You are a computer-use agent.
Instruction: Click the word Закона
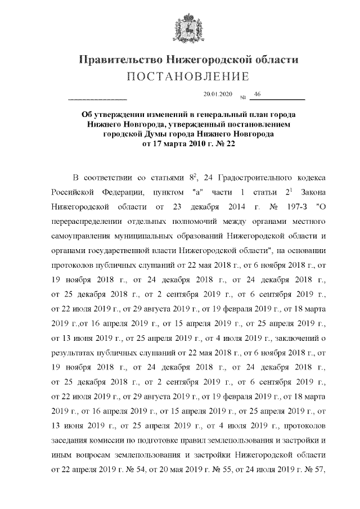pos(309,192)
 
